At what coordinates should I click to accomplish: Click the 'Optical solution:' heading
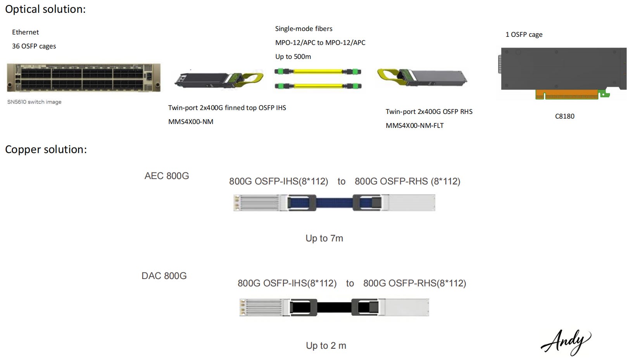45,9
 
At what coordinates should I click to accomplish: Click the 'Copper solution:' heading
46,150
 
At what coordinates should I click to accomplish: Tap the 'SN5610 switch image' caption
34,102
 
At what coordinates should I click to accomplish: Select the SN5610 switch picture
83,78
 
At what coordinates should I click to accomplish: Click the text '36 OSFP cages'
34,46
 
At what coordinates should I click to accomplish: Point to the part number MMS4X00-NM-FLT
414,126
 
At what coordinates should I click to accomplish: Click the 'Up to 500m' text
293,57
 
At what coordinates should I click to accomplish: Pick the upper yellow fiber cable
318,72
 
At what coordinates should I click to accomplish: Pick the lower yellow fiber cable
318,86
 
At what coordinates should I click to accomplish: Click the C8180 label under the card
564,116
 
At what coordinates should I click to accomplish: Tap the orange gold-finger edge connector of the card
567,94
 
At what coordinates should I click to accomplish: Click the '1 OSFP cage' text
524,34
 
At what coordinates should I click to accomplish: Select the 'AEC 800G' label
167,176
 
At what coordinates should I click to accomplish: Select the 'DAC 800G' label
164,276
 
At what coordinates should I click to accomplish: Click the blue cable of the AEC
334,203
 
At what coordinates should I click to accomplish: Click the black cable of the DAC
334,307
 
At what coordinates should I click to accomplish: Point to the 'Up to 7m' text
324,238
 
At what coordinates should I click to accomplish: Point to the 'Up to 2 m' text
326,346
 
